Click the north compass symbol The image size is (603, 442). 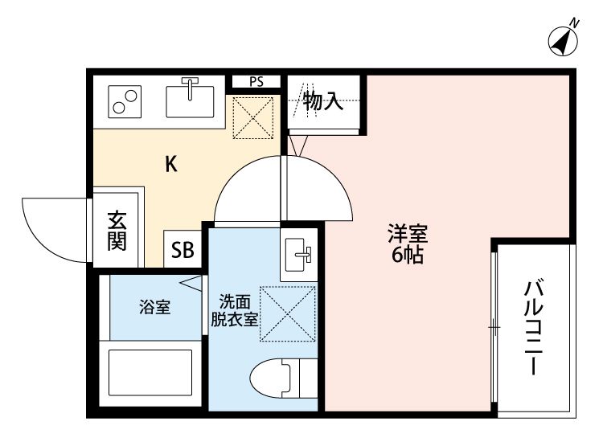point(564,41)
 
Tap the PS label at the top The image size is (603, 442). point(256,81)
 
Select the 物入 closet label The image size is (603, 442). point(323,101)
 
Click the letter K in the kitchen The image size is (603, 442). point(170,165)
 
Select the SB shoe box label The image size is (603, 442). point(182,250)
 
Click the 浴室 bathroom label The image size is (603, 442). point(154,308)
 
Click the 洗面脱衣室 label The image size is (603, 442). point(235,309)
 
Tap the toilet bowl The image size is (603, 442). point(273,377)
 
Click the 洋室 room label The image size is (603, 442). point(407,236)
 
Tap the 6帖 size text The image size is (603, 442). point(407,257)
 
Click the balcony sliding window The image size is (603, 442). point(494,327)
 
